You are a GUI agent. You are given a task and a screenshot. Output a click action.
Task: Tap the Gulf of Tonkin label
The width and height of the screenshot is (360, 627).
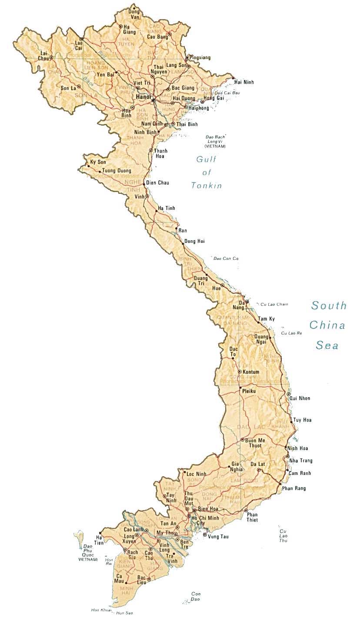pos(207,173)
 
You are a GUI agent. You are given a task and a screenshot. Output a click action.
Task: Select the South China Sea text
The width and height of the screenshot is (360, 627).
pos(328,325)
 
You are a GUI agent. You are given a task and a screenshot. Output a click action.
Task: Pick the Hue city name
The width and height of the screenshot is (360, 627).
pos(216,288)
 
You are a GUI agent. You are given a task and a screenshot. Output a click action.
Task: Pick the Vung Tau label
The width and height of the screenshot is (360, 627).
pos(218,537)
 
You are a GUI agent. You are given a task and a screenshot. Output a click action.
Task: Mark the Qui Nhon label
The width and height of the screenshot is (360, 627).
pos(300,398)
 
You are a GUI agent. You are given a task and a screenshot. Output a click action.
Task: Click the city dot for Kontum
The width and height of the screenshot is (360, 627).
pos(239,372)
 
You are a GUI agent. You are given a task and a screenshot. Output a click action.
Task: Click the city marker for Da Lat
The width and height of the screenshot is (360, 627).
pos(259,470)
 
